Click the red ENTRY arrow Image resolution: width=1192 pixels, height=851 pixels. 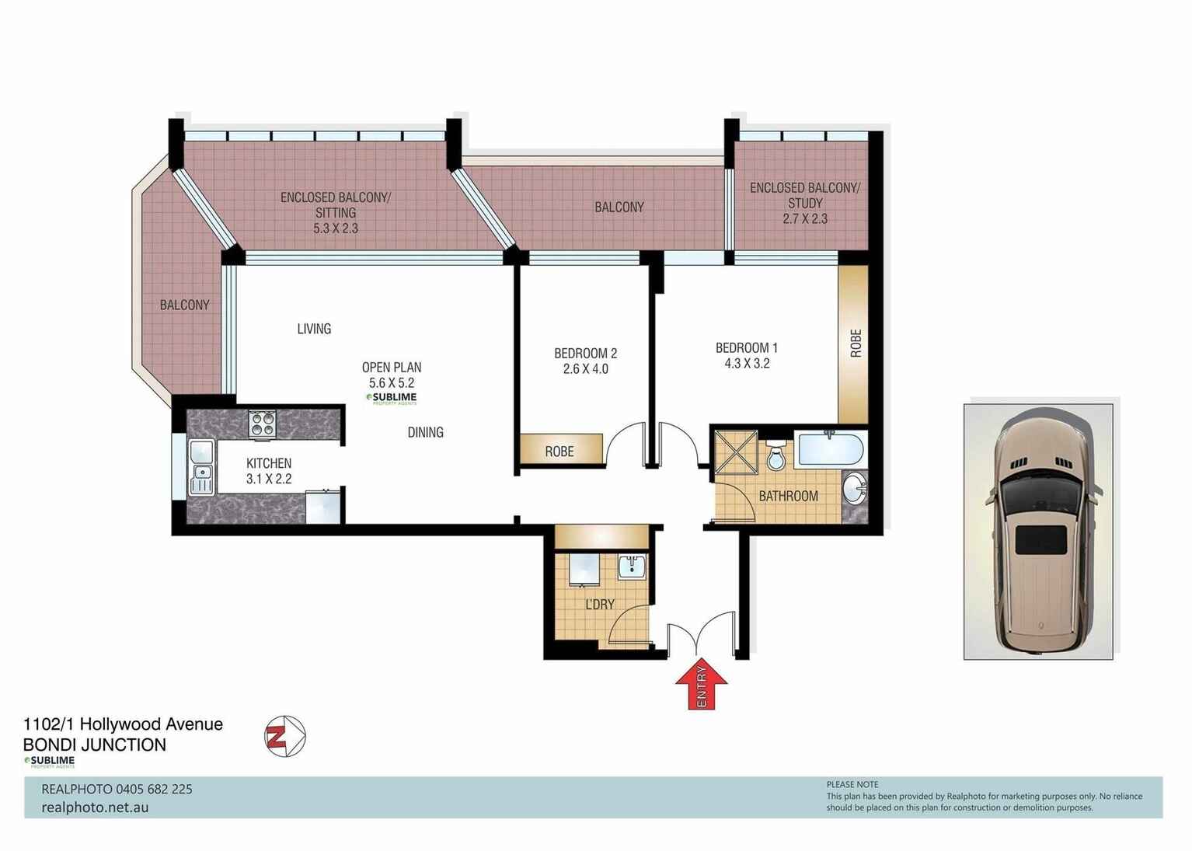tap(701, 685)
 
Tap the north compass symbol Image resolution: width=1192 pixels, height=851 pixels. tap(284, 736)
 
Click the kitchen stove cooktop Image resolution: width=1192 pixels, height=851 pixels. tap(262, 424)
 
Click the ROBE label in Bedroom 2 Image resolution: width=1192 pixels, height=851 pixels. tap(559, 451)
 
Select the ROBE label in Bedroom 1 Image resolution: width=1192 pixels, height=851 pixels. tap(856, 344)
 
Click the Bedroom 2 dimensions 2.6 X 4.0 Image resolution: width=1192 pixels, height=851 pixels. tap(585, 369)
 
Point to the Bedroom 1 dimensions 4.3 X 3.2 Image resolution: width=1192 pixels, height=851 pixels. tap(746, 363)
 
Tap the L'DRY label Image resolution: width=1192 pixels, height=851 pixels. tap(599, 604)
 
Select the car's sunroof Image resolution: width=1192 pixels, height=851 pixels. tap(1040, 539)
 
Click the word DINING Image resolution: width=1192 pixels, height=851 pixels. tap(425, 432)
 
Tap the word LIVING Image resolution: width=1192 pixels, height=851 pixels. tap(314, 329)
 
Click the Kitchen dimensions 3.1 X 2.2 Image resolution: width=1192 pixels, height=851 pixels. tap(269, 479)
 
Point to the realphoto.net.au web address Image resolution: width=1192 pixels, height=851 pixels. tap(95, 807)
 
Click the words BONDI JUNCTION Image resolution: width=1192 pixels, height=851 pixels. tap(95, 745)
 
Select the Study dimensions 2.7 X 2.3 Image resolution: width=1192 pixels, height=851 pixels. tap(805, 218)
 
